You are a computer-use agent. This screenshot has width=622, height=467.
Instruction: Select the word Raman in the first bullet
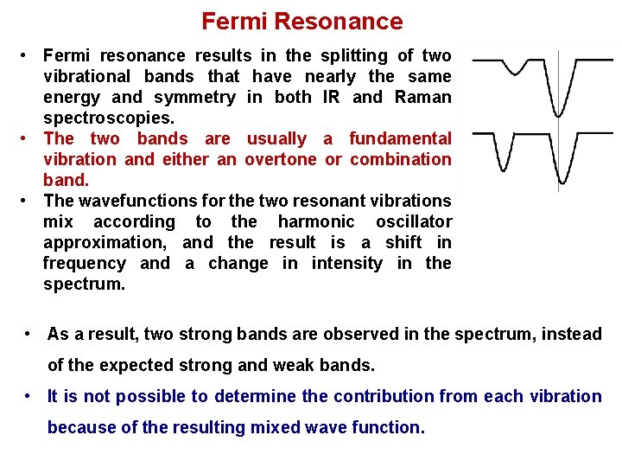point(422,97)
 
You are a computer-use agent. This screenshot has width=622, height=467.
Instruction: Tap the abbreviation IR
point(331,97)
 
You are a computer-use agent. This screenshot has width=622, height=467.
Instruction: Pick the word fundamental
point(400,138)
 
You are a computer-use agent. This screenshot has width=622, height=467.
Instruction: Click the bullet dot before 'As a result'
point(29,334)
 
